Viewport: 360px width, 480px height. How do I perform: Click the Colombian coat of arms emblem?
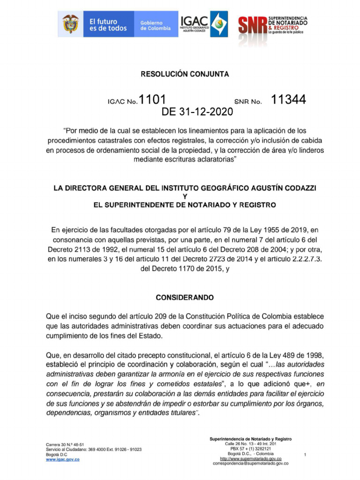70,24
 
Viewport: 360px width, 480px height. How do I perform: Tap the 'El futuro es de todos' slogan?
108,25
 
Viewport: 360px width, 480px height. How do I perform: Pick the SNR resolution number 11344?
289,99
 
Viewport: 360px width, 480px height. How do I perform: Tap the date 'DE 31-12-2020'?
197,112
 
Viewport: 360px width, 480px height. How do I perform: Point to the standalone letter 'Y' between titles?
185,196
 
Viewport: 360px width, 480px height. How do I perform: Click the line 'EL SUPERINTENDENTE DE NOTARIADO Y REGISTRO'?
185,205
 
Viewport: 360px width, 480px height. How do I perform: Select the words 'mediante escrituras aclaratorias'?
185,159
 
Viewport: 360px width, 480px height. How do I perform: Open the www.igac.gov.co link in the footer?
62,460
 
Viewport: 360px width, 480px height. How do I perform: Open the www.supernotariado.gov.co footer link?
250,458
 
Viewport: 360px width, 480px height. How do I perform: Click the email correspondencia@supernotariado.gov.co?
250,463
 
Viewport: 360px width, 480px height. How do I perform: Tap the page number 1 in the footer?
305,455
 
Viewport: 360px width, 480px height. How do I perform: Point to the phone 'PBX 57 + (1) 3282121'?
250,449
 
